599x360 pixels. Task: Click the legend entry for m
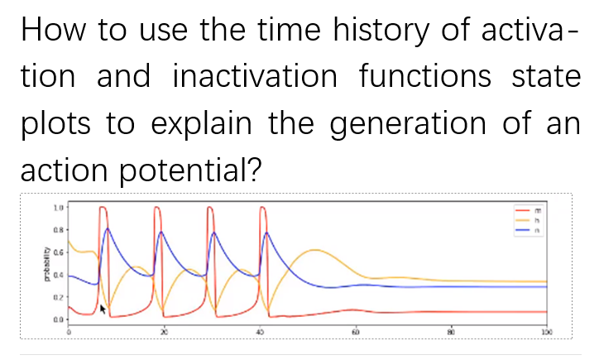(x=530, y=209)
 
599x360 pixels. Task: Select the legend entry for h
(x=530, y=220)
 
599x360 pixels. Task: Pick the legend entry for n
(x=530, y=231)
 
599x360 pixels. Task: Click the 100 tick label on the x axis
(x=546, y=331)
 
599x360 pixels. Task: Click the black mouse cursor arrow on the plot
(x=103, y=309)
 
